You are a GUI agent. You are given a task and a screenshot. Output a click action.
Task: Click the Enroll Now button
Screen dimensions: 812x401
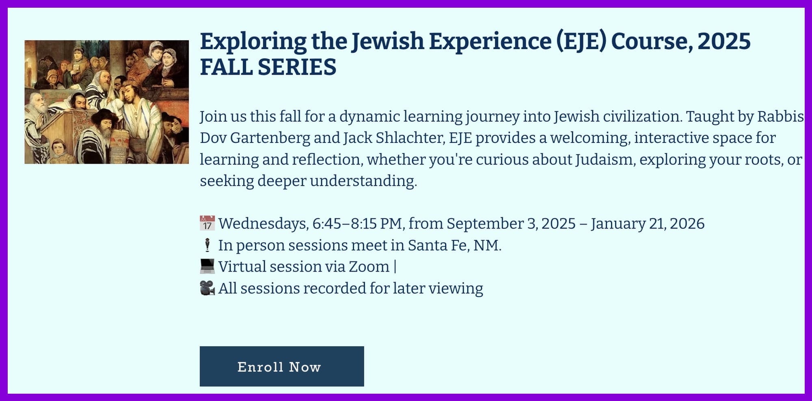click(x=282, y=366)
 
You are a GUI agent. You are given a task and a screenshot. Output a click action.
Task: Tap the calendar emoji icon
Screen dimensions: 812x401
click(x=207, y=224)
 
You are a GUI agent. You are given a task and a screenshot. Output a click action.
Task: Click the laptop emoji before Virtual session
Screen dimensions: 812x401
click(x=207, y=266)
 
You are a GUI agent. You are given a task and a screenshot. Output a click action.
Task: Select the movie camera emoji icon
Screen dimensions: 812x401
click(x=207, y=288)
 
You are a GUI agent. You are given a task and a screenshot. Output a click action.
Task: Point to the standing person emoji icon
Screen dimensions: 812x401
click(x=207, y=245)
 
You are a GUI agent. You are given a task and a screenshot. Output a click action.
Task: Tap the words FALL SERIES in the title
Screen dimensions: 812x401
click(x=268, y=67)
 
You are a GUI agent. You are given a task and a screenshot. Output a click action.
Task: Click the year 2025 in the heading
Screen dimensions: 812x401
click(x=724, y=41)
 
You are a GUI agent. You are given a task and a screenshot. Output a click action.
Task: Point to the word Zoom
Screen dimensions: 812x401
click(x=369, y=267)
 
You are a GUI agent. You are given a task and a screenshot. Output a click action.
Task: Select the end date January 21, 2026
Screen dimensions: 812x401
click(x=648, y=224)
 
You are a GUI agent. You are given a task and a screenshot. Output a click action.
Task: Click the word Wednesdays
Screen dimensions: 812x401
click(x=263, y=224)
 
